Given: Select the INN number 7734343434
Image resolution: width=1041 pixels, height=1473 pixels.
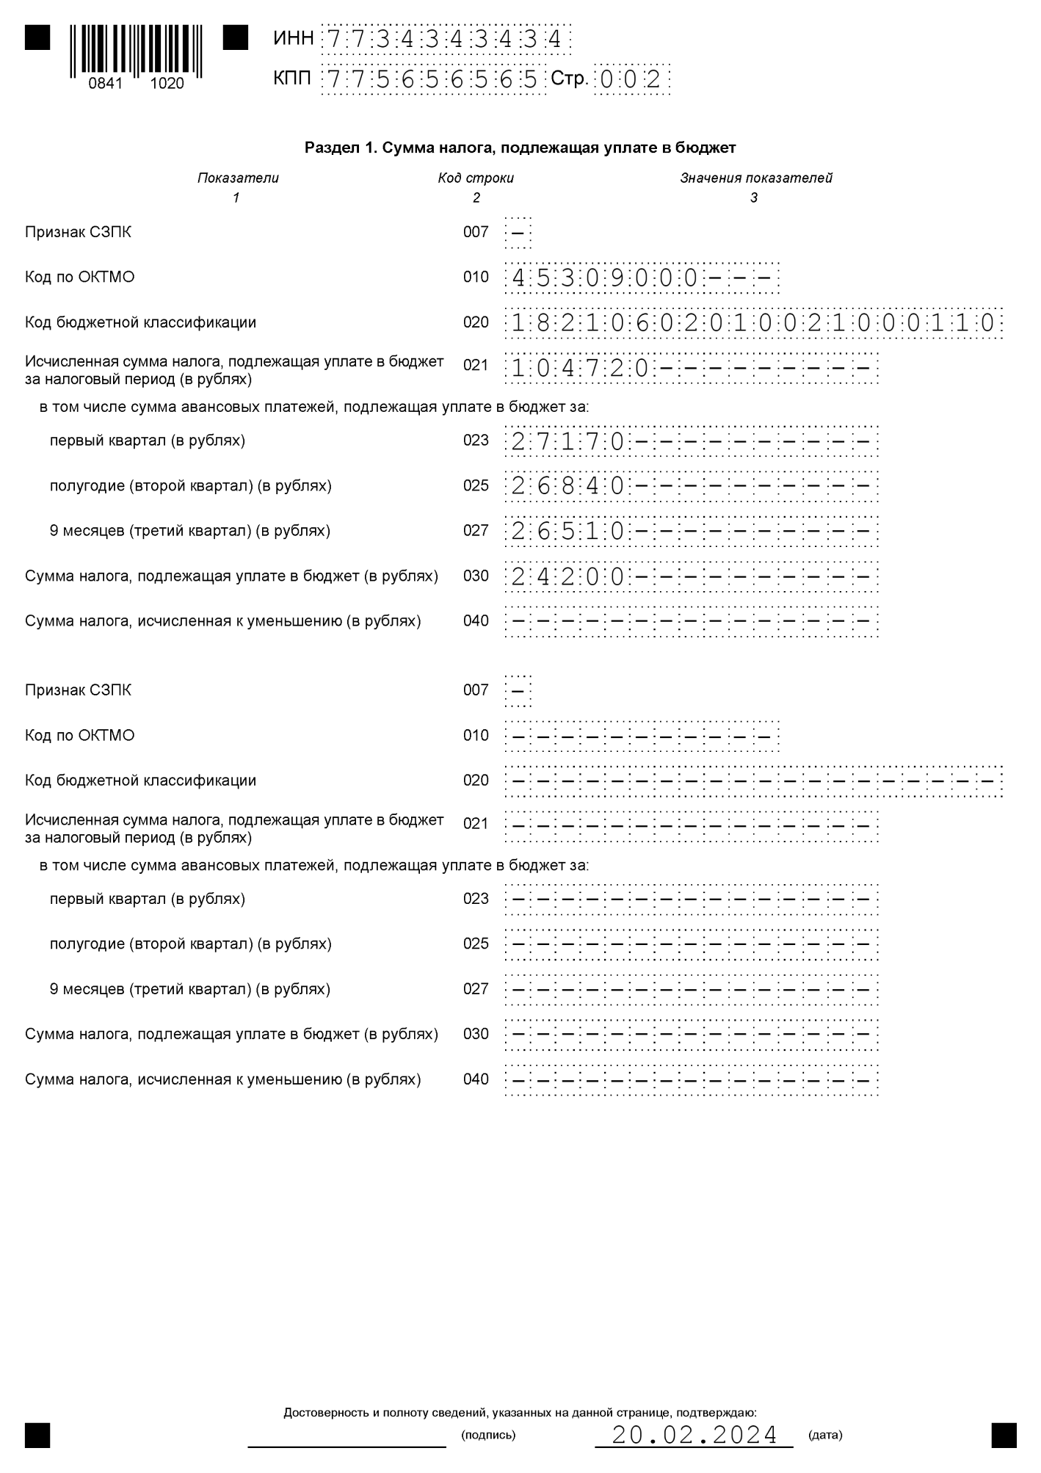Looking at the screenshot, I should pos(445,39).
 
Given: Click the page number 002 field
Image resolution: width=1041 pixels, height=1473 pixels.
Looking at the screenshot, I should pos(631,79).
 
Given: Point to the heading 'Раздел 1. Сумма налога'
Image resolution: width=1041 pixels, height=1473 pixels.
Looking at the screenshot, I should pos(520,148).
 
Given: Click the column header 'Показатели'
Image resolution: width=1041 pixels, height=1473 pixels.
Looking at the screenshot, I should pos(238,178).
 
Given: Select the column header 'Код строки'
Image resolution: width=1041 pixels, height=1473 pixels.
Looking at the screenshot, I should pos(476,178).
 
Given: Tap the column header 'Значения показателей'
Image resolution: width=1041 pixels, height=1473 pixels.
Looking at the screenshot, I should pos(755,178).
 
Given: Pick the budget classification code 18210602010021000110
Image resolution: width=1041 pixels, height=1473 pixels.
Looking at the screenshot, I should pos(753,323).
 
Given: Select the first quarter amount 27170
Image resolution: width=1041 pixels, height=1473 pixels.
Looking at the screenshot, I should pos(567,442).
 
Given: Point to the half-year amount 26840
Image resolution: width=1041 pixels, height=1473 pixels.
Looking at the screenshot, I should pos(567,487).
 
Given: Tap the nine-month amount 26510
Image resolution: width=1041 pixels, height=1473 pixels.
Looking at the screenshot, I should pos(567,532).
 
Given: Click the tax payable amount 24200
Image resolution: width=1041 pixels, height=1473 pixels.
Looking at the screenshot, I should pos(567,577).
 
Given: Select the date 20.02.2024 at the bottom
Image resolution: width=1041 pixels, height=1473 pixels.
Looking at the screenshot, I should pos(694,1435).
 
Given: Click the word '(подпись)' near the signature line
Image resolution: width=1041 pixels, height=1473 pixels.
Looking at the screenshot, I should pos(488,1435).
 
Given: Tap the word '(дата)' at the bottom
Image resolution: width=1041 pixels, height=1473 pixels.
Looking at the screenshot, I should pos(825,1435).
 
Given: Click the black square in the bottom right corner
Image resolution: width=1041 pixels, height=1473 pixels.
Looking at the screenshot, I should pos(1004,1435).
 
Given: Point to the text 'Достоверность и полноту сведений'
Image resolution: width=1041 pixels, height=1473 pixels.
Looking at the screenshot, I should pos(520,1413).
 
